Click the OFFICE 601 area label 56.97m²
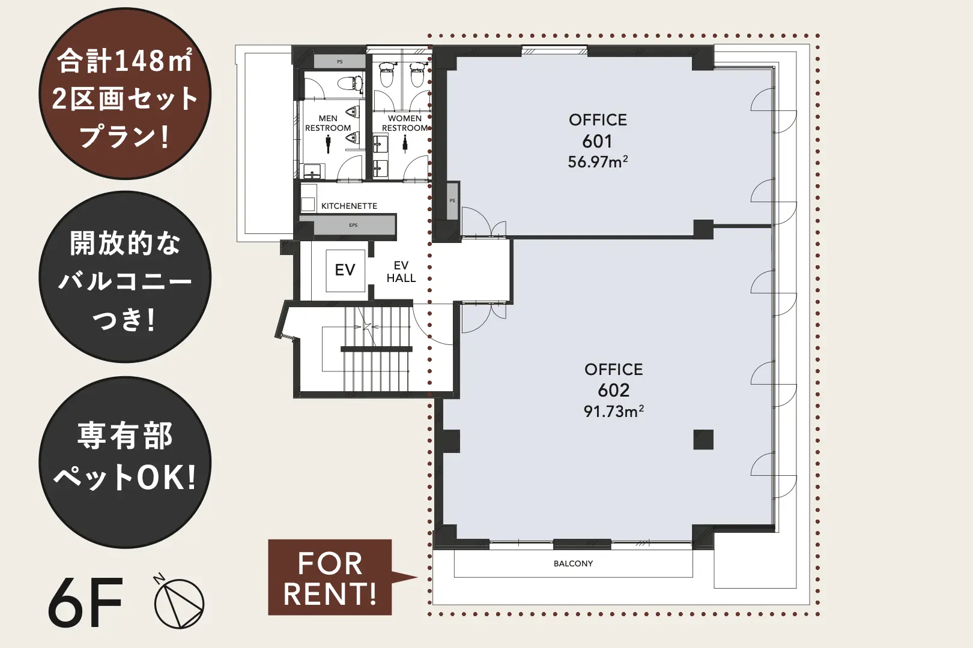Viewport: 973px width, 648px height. coord(598,162)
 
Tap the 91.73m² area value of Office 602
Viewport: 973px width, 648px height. coord(613,411)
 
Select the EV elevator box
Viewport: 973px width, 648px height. coord(345,271)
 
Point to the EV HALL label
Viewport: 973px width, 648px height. coord(401,272)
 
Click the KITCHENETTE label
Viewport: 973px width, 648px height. coord(349,206)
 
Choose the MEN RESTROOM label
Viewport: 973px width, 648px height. coord(328,123)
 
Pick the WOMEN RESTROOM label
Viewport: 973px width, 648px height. coord(405,123)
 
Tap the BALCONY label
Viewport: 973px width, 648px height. coord(573,563)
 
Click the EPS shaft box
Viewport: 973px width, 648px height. coord(353,225)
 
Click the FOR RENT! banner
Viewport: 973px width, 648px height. coord(330,578)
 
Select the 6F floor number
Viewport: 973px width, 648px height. coord(85,602)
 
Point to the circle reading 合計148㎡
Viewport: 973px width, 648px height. coord(125,94)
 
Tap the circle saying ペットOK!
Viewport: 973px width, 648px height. coord(125,462)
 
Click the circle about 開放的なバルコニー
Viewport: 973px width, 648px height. coord(125,277)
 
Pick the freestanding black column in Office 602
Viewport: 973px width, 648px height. coord(703,440)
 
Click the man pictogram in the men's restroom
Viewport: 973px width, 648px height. coord(328,143)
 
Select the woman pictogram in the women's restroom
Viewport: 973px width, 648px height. coord(405,143)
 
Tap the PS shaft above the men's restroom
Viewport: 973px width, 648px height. coord(340,62)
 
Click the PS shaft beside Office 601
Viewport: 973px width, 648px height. coord(453,200)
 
